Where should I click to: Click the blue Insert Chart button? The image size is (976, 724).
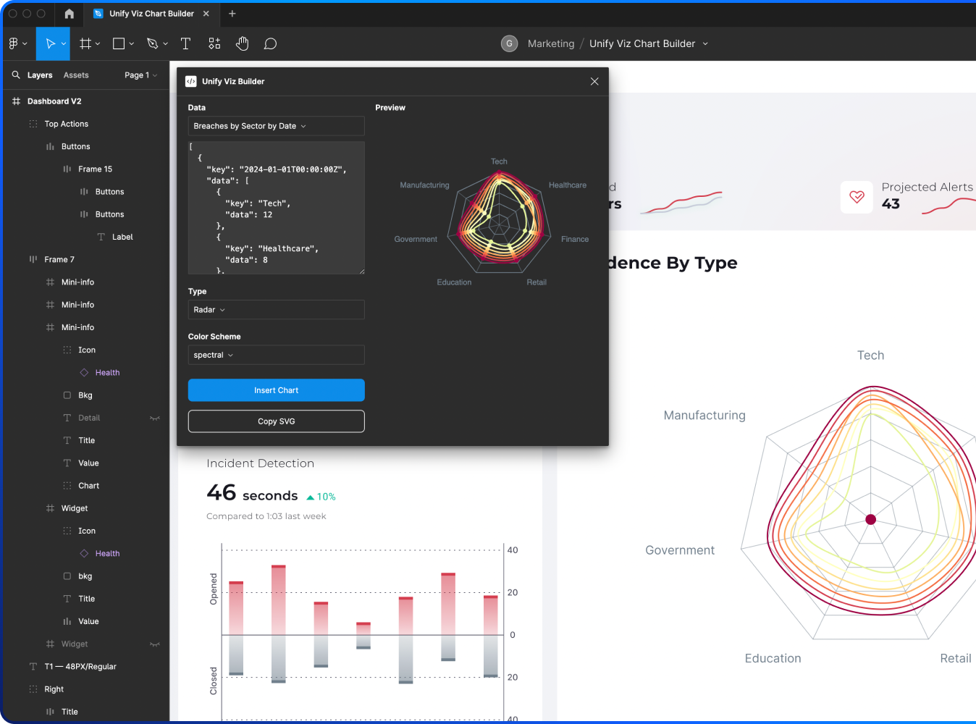click(x=276, y=390)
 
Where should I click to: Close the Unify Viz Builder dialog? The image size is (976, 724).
click(x=594, y=81)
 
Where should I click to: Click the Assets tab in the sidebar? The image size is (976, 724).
click(x=76, y=75)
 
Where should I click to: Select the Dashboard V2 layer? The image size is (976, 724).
click(x=54, y=101)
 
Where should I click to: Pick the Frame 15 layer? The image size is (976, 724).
click(x=95, y=169)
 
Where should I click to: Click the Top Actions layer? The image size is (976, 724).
click(x=66, y=124)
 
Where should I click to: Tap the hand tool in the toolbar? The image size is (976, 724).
click(x=242, y=44)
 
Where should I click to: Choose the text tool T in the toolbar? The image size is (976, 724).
click(x=185, y=44)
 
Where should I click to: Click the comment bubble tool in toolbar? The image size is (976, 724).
click(x=270, y=44)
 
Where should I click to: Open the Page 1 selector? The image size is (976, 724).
click(x=140, y=75)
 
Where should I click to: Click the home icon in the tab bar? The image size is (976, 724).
click(x=70, y=14)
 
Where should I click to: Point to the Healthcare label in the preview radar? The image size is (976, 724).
click(x=568, y=185)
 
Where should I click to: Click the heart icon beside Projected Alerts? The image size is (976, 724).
click(x=857, y=197)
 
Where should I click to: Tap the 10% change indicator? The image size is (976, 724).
click(x=321, y=497)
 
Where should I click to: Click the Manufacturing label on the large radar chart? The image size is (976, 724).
click(x=704, y=416)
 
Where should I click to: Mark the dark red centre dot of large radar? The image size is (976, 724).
click(x=871, y=519)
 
